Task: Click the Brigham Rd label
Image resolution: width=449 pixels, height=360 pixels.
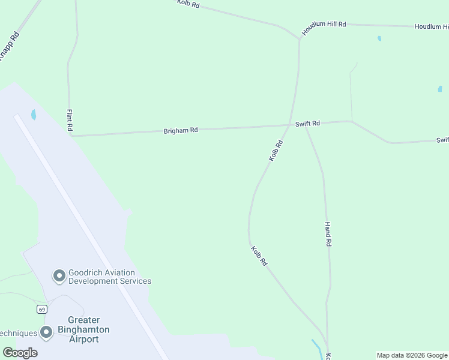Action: coord(181,130)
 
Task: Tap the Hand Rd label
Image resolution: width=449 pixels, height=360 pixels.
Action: coord(328,235)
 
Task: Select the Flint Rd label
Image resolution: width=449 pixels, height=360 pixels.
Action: coord(70,120)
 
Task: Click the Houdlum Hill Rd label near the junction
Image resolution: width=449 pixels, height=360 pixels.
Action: coord(324,28)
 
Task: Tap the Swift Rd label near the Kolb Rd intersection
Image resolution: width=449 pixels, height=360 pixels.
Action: coord(307,124)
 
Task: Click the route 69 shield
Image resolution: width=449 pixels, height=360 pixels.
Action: coord(41,309)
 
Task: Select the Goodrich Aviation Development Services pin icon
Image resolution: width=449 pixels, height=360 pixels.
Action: coord(59,276)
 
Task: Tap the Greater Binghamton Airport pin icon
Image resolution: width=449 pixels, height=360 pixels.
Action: coord(47,332)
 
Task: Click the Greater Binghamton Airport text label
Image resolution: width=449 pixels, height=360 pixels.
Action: coord(83,329)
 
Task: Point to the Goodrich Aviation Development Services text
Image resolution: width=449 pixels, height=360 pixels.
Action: coord(109,277)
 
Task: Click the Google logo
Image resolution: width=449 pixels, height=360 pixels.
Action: coord(20,353)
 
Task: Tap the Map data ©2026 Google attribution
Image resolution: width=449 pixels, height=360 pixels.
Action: coord(412,355)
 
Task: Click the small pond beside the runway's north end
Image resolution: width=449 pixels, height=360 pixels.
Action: coord(34,114)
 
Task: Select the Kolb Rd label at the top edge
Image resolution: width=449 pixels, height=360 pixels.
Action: coord(188,4)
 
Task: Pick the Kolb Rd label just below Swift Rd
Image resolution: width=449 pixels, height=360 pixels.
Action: coord(276,151)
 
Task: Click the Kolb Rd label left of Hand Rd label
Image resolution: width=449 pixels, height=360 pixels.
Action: coord(259,256)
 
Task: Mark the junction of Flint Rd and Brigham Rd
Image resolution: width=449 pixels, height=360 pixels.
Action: coord(72,136)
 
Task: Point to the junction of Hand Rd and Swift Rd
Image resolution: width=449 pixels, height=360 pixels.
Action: coord(306,125)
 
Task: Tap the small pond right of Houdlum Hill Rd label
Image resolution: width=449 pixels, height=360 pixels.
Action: coord(379,38)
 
